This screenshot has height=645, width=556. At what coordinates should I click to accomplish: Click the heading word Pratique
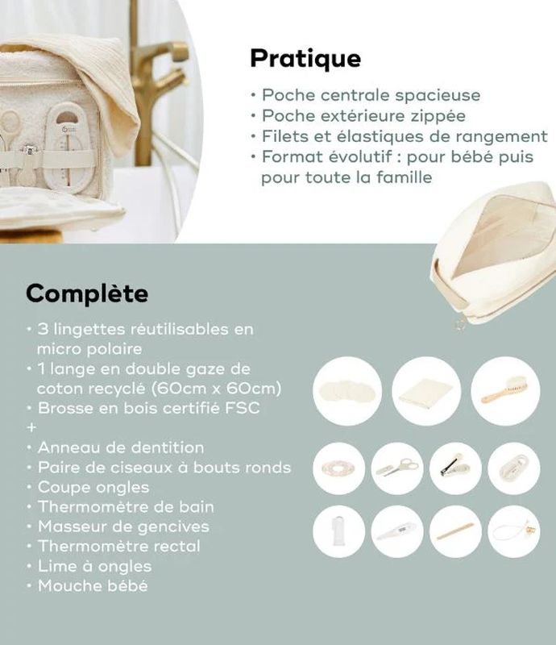(305, 59)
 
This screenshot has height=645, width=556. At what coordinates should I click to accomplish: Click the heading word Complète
(87, 293)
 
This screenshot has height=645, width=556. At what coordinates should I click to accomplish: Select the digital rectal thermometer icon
(397, 531)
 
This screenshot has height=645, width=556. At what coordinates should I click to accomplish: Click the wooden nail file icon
(455, 531)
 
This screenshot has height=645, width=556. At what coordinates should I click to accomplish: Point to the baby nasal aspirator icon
(513, 531)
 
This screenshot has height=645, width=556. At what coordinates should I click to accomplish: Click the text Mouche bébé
(93, 586)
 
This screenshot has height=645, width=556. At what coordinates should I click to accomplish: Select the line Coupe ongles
(93, 488)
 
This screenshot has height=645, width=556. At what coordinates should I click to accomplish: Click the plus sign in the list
(31, 427)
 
